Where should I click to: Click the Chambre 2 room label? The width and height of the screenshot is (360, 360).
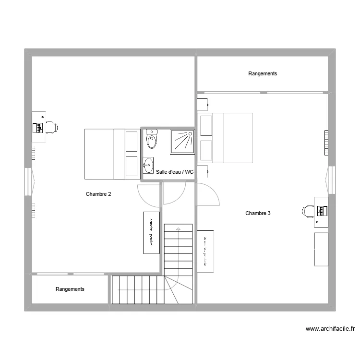98,194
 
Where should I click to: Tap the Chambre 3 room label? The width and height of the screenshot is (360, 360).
258,213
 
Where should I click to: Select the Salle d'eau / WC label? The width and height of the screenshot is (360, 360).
175,172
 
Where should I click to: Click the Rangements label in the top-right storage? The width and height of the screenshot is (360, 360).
263,73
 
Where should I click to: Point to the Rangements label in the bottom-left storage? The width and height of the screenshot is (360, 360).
70,289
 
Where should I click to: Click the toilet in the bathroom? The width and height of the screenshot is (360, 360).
152,139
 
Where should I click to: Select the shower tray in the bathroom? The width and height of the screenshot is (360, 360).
182,141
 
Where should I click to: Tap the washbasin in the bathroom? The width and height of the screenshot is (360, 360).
148,166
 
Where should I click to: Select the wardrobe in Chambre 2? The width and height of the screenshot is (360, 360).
151,232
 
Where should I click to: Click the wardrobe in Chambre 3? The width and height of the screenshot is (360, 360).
205,251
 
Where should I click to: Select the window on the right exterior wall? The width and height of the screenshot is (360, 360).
331,180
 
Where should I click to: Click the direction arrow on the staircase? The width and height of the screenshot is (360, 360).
178,229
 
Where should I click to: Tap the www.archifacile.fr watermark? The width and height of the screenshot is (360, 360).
330,329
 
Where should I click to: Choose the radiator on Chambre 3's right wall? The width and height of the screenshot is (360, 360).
326,143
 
